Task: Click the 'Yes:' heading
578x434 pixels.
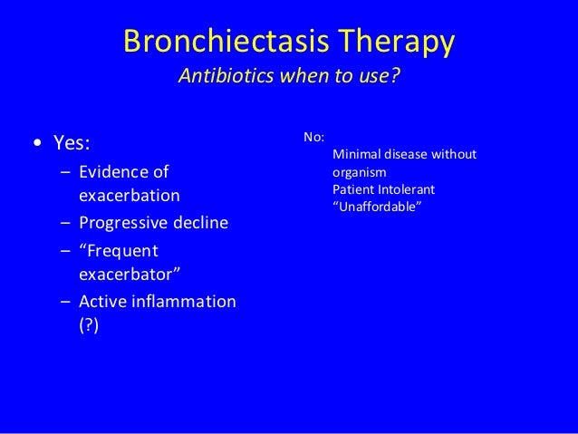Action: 72,143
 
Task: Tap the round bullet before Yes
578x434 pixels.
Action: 35,144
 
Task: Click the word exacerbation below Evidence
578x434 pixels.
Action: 129,196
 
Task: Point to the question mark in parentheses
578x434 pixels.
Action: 90,326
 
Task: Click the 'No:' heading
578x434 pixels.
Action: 314,138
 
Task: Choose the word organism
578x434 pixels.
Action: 360,172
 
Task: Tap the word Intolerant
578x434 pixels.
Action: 409,189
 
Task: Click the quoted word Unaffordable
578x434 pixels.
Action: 377,207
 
